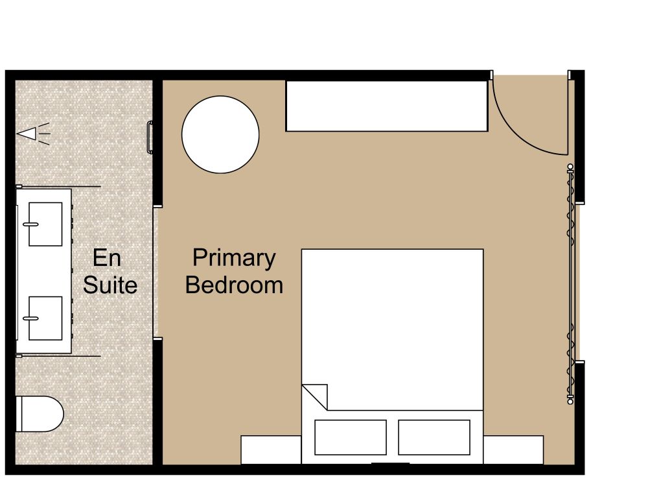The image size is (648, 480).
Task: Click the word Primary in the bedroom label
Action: (x=234, y=258)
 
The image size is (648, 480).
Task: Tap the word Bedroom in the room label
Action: (x=234, y=285)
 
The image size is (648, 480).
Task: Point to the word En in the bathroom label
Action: (x=107, y=258)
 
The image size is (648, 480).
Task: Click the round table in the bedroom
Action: (x=220, y=135)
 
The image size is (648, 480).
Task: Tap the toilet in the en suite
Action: (x=39, y=414)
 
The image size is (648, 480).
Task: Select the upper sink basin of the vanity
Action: (x=45, y=224)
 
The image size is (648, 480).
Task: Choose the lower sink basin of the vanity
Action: (x=45, y=318)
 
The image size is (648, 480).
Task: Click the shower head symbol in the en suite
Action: (x=29, y=134)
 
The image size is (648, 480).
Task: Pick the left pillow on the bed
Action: (x=350, y=437)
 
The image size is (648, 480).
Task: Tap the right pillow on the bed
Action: (x=434, y=437)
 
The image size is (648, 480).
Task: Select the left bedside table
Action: (x=271, y=450)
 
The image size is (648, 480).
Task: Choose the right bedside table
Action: (x=513, y=450)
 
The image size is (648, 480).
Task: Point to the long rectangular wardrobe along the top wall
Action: (x=386, y=106)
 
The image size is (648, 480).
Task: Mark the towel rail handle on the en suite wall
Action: (x=151, y=138)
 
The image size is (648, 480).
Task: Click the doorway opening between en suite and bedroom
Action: (x=156, y=272)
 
